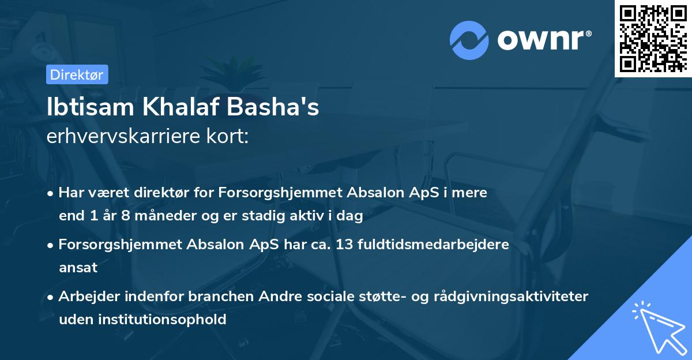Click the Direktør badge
pyautogui.click(x=77, y=74)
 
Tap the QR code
pyautogui.click(x=653, y=38)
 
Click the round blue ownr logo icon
pyautogui.click(x=469, y=40)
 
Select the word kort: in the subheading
pyautogui.click(x=230, y=137)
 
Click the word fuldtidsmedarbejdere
pyautogui.click(x=433, y=244)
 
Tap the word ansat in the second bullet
pyautogui.click(x=78, y=268)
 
